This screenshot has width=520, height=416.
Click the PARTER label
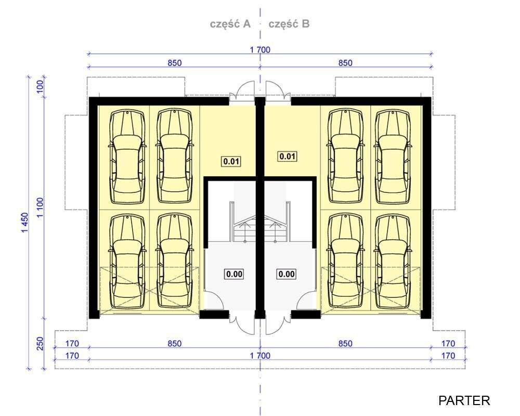coord(464,400)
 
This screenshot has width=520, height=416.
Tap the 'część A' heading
coord(230,24)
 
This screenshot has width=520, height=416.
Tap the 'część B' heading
coord(289,24)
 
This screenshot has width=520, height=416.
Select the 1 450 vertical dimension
coord(25,223)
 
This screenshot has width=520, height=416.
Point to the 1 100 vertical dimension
coord(40,207)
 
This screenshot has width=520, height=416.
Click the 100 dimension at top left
coord(40,87)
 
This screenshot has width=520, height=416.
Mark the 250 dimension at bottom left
coord(40,344)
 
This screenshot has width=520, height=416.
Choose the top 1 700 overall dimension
coord(260,50)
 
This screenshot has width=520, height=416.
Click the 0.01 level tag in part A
coord(231,162)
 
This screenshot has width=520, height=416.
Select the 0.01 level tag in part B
coord(287,156)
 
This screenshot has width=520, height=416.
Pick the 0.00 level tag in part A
coord(234,275)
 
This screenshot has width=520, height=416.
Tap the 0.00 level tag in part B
coord(287,275)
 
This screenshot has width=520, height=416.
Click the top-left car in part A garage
coord(127,157)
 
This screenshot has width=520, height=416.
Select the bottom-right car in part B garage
coord(393,261)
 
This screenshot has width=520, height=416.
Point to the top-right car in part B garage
coord(393,157)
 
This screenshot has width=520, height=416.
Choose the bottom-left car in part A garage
coord(127,261)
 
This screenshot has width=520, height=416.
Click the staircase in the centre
coord(261,222)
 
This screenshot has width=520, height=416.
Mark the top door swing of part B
coord(275,89)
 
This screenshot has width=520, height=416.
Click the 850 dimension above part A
coord(174,63)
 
